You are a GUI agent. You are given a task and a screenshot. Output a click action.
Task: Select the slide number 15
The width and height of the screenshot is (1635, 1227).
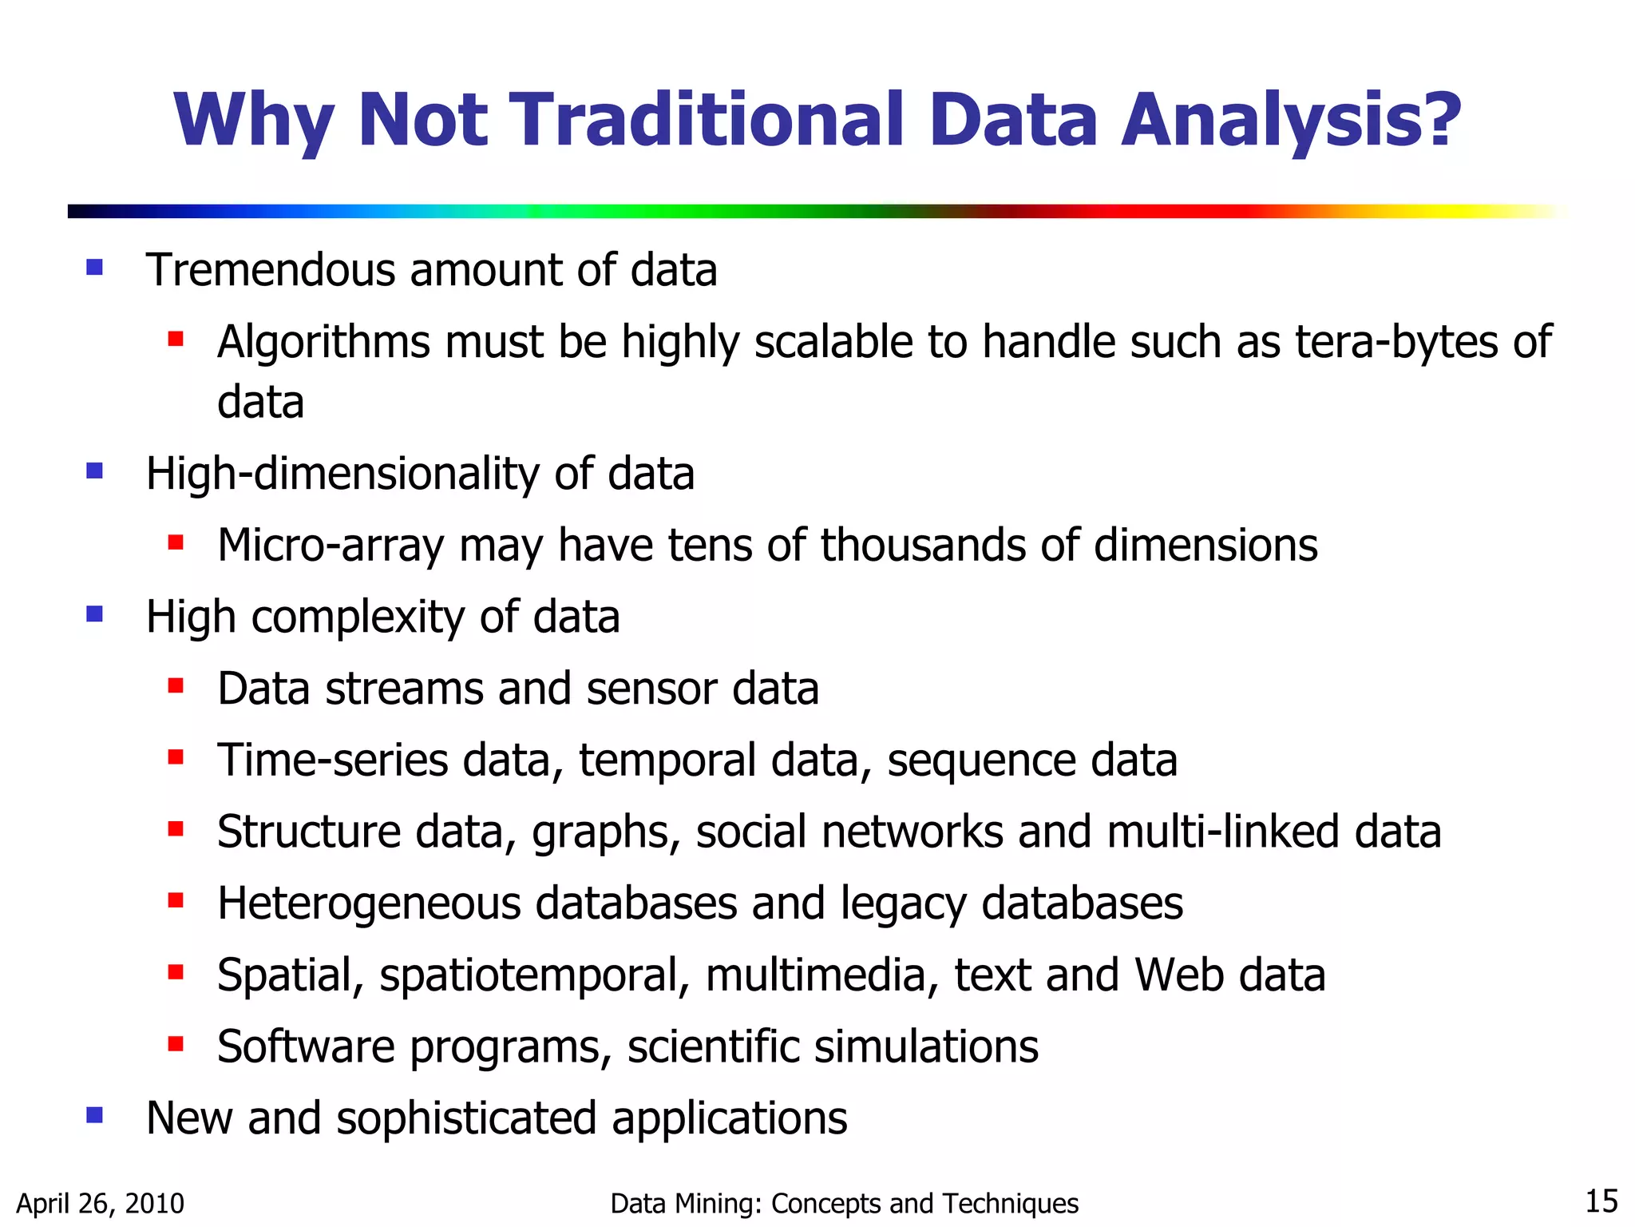coord(1601,1201)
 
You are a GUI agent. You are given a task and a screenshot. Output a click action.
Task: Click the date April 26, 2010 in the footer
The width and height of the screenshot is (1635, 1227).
coord(101,1203)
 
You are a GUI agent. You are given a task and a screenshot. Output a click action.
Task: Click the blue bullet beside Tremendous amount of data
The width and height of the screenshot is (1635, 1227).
coord(95,268)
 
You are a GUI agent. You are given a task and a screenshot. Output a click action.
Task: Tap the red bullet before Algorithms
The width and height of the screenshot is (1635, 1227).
coord(176,340)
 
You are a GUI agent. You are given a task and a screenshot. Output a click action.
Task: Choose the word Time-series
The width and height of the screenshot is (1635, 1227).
coord(333,760)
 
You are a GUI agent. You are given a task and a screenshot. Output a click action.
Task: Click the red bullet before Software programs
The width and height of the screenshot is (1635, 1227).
coord(176,1043)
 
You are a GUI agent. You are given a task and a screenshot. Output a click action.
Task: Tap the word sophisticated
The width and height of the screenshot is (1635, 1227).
coord(466,1118)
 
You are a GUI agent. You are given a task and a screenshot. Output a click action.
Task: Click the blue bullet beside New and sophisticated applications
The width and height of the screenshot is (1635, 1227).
coord(95,1115)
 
